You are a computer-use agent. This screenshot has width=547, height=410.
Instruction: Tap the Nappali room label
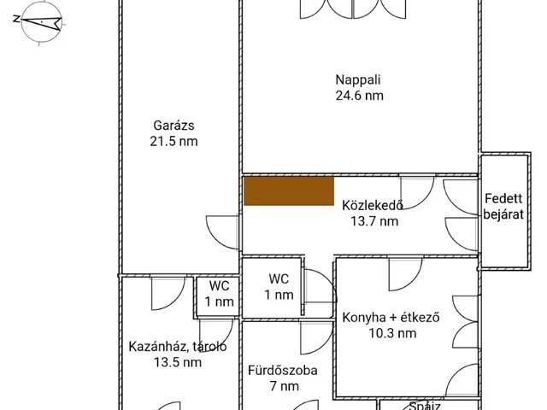359,80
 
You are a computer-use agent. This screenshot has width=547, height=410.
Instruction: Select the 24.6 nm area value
359,96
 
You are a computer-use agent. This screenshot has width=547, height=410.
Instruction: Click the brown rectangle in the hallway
289,190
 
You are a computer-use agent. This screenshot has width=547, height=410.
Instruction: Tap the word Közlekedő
372,206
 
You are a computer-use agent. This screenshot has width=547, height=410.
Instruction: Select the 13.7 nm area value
373,222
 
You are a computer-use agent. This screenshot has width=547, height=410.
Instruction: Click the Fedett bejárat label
503,207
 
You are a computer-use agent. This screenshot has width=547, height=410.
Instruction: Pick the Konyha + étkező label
391,318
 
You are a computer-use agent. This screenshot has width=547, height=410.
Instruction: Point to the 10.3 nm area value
391,334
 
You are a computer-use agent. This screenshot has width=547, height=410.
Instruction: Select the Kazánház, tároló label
177,347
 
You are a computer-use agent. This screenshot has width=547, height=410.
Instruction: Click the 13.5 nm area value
177,362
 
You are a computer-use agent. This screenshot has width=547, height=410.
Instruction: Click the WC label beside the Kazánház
219,286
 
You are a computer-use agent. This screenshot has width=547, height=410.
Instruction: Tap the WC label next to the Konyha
279,279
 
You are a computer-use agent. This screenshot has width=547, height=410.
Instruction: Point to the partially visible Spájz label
425,406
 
